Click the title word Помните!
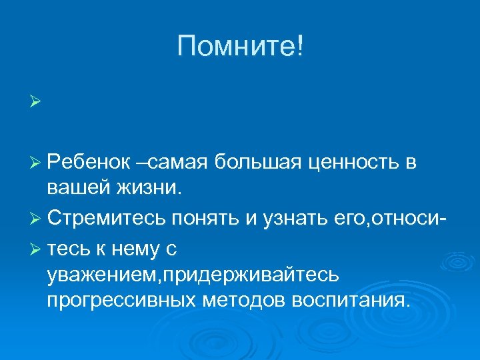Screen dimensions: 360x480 click(240, 47)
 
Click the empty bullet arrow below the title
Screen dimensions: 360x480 click(35, 103)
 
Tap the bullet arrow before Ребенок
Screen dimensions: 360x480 click(35, 161)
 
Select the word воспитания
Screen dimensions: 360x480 click(349, 301)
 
